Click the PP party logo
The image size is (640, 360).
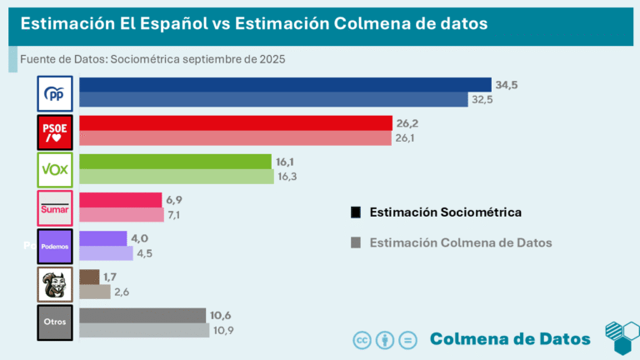tap(56, 93)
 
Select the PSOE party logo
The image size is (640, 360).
tap(56, 132)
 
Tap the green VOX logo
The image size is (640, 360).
tap(56, 170)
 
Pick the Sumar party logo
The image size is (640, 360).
tap(56, 208)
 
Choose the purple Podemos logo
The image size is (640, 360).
tap(56, 247)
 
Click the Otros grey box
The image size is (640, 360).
tap(56, 322)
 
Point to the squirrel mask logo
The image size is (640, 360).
tap(56, 285)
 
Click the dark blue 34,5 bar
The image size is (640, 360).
tap(284, 85)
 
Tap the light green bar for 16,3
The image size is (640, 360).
tap(176, 177)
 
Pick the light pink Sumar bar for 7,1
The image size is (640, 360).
tap(121, 215)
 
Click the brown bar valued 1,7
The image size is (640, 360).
tap(89, 277)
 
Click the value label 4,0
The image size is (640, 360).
tap(139, 238)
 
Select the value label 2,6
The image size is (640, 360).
tap(123, 292)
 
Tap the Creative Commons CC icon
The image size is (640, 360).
tap(362, 339)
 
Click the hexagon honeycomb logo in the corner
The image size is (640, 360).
tap(621, 337)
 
